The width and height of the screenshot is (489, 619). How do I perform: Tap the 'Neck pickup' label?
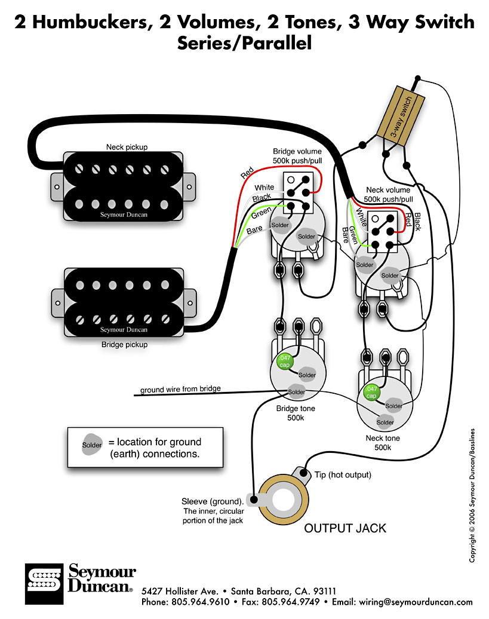tap(127, 146)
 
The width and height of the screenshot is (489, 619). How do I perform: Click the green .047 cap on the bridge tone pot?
tap(282, 361)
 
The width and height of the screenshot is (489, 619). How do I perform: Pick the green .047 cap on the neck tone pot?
tap(371, 392)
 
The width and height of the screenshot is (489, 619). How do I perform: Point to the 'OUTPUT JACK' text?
tap(345, 528)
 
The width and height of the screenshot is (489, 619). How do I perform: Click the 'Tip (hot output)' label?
tap(343, 475)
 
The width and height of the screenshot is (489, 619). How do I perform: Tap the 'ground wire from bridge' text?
tap(180, 390)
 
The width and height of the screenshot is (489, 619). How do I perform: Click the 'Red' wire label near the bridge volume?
tap(247, 173)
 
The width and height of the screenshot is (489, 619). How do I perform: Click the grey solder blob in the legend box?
tap(92, 445)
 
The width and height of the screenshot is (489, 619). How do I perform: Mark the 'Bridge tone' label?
tap(296, 409)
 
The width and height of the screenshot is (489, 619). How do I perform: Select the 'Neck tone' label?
tap(383, 438)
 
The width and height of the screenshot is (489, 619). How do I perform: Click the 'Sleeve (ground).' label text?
tap(213, 501)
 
